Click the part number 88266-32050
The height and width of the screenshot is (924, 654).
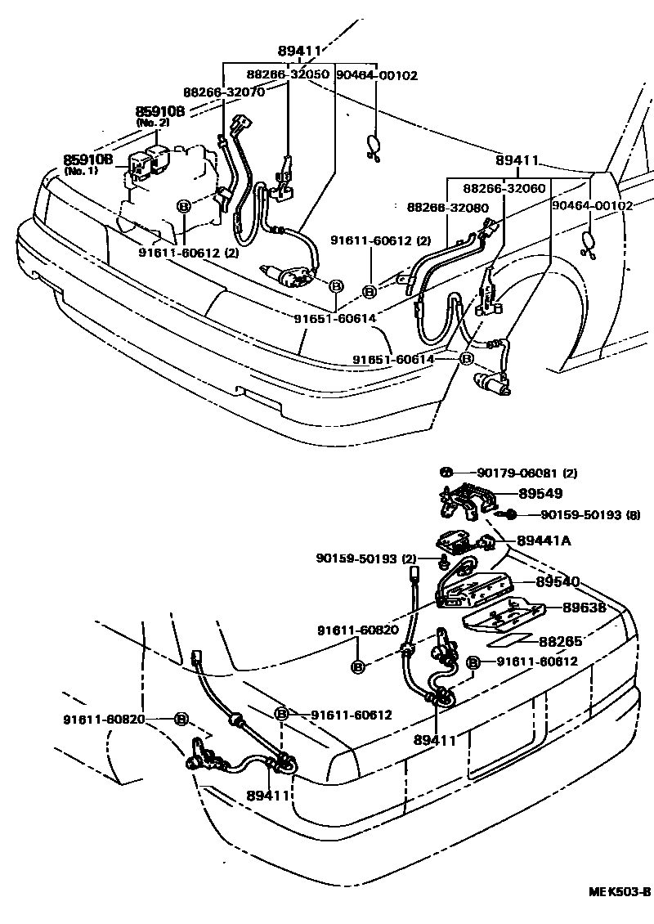pyautogui.click(x=288, y=74)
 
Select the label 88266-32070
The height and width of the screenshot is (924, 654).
pyautogui.click(x=223, y=92)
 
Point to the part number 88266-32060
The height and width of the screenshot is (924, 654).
pyautogui.click(x=504, y=188)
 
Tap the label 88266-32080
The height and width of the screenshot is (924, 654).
pyautogui.click(x=447, y=208)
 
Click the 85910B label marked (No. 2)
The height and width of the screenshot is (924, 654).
pyautogui.click(x=160, y=110)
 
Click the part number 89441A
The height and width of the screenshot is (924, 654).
pyautogui.click(x=543, y=540)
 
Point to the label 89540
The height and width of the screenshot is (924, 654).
pyautogui.click(x=558, y=581)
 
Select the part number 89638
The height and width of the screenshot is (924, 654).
pyautogui.click(x=584, y=607)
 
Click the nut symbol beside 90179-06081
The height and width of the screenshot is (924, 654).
pyautogui.click(x=446, y=473)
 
